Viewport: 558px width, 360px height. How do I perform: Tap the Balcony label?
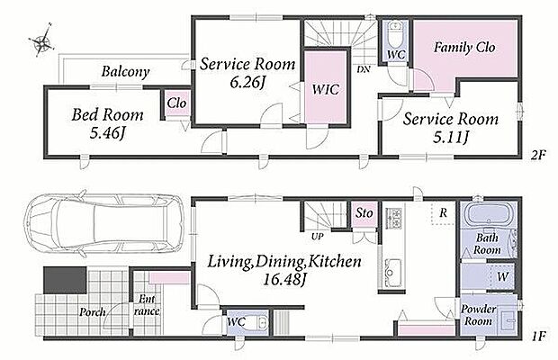(x=125, y=72)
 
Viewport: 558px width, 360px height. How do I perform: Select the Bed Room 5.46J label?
(x=107, y=123)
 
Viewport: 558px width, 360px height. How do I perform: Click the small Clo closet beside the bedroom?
(x=177, y=103)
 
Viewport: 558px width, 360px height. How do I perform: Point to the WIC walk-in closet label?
(x=325, y=89)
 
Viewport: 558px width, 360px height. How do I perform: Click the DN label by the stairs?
(x=364, y=69)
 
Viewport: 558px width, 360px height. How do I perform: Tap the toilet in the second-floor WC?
(x=395, y=34)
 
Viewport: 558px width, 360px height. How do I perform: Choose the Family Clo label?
(x=464, y=48)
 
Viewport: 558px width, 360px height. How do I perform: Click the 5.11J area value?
(x=450, y=138)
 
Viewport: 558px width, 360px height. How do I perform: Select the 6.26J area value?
(x=247, y=83)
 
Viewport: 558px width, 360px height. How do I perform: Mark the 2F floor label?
(x=538, y=155)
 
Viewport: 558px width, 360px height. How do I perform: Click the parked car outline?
(x=103, y=223)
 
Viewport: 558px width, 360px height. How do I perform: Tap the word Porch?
(x=92, y=312)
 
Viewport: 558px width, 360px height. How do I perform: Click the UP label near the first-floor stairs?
(x=318, y=236)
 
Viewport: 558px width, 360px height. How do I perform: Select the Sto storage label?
(x=364, y=213)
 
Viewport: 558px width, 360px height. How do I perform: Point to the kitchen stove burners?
(x=394, y=218)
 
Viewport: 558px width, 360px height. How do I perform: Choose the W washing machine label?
(x=502, y=276)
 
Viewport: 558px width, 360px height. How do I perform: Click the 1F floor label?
(x=538, y=336)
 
